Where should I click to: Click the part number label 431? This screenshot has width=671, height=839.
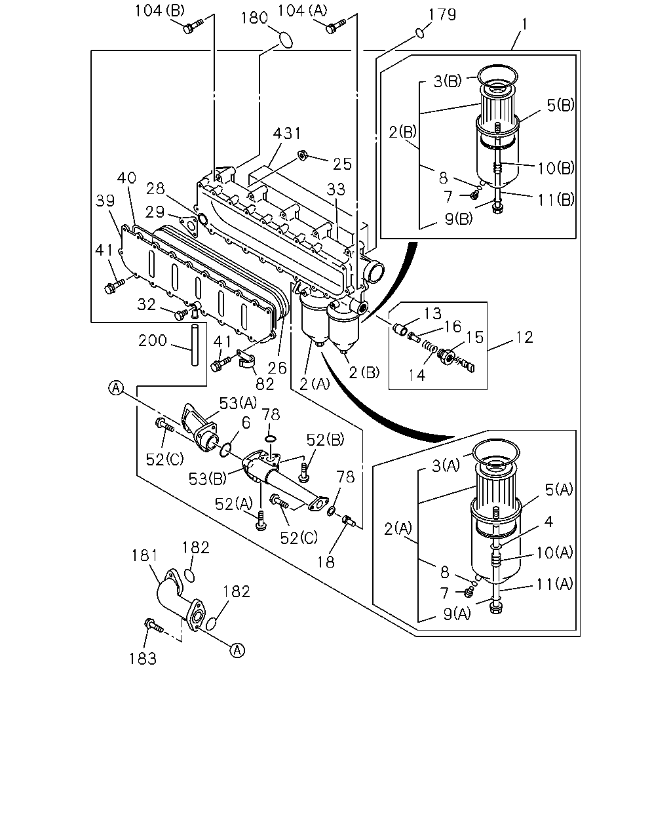click(x=287, y=133)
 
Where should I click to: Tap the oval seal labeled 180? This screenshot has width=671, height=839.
click(x=286, y=40)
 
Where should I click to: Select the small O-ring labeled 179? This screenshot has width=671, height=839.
click(x=420, y=33)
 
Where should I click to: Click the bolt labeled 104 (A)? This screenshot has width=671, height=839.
click(x=335, y=26)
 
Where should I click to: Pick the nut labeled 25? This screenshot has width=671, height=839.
click(x=302, y=155)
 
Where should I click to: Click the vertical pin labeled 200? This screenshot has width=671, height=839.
click(x=195, y=344)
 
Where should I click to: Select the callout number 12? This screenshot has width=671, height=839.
click(x=524, y=337)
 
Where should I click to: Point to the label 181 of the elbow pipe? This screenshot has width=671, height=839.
click(x=145, y=555)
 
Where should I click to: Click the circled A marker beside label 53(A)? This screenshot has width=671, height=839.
click(x=116, y=388)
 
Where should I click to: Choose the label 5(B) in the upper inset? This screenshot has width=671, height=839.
click(x=561, y=105)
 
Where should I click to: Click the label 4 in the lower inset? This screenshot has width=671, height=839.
click(x=548, y=521)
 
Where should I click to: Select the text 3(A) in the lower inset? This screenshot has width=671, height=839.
click(x=446, y=465)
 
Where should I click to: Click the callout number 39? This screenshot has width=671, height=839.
click(x=105, y=201)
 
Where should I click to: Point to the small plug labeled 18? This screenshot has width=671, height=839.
click(x=349, y=520)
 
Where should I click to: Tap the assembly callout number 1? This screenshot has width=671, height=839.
click(x=524, y=24)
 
